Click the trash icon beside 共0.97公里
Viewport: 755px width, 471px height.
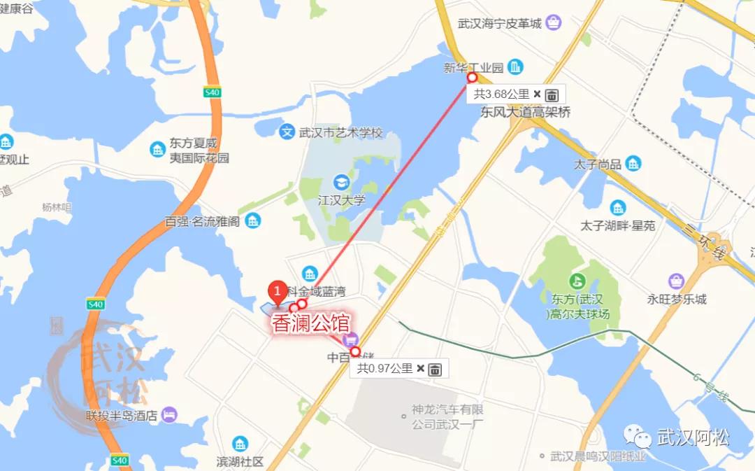click(435, 369)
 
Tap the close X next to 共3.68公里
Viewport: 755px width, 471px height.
click(537, 94)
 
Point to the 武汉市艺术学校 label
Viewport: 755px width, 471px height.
click(341, 132)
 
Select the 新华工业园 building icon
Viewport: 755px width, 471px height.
click(515, 67)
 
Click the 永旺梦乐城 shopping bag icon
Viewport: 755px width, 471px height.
click(676, 281)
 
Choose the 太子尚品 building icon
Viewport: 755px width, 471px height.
click(633, 164)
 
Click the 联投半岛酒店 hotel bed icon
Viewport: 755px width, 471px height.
click(169, 415)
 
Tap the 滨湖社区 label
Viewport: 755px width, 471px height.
click(240, 462)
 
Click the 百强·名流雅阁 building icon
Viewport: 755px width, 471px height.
click(253, 221)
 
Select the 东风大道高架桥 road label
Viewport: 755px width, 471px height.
click(526, 112)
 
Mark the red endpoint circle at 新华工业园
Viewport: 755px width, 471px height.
click(472, 78)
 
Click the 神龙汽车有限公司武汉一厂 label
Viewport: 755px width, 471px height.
click(447, 416)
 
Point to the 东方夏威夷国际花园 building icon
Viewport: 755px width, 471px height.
click(157, 148)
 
